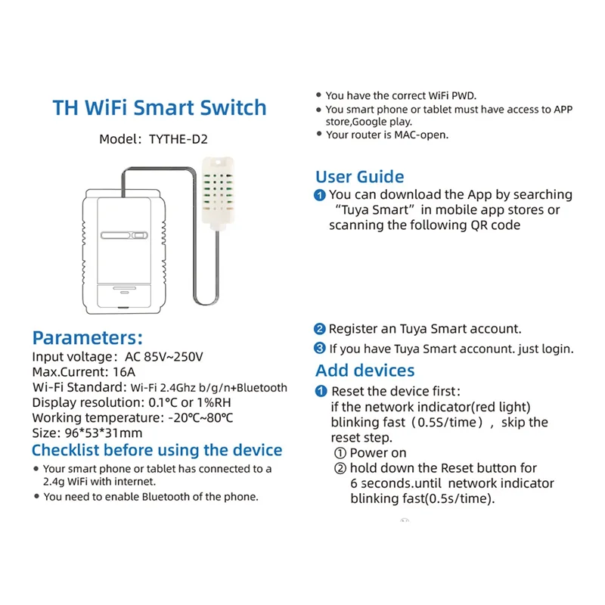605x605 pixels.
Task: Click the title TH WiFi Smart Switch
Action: coord(160,107)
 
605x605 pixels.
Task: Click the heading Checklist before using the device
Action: coord(157,451)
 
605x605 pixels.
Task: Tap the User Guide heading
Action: coord(359,177)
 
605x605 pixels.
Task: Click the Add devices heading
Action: coord(365,371)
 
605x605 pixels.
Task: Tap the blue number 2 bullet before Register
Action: coord(320,330)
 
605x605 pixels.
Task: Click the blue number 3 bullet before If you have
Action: coord(320,349)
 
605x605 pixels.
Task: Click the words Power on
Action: coord(378,453)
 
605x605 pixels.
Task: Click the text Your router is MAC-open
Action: coord(386,135)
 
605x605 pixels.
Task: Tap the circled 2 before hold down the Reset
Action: coord(340,468)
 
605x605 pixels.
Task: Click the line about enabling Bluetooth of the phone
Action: coord(151,497)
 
